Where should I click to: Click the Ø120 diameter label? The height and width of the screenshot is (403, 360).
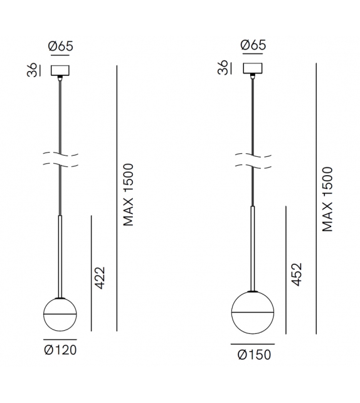pos(61,350)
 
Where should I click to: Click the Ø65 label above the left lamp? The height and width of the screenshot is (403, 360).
pos(61,46)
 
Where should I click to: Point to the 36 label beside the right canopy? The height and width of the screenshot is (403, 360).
pos(223,69)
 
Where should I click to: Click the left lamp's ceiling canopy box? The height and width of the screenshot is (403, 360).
pos(61,70)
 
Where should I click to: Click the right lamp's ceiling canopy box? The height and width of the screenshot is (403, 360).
pos(253,69)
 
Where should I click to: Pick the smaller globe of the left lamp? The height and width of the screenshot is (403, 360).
pos(61,314)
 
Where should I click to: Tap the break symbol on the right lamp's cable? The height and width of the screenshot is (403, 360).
pos(253,160)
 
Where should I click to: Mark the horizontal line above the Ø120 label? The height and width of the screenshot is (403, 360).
pos(61,339)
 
